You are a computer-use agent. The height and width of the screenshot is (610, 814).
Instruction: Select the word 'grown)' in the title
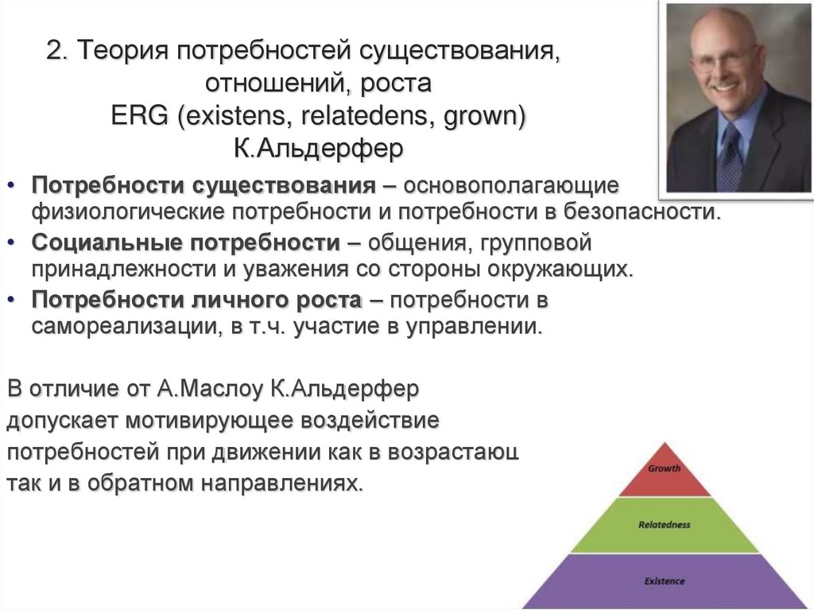pos(486,117)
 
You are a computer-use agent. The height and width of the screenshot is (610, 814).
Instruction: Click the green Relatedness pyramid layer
pos(664,526)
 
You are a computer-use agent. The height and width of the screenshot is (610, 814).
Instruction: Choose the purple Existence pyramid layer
pos(664,581)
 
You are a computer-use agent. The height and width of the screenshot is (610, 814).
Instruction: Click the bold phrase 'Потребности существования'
pos(203,186)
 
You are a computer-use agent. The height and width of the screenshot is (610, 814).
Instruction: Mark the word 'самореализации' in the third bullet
pos(119,328)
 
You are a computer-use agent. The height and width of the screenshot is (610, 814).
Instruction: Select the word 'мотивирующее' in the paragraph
pos(226,421)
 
